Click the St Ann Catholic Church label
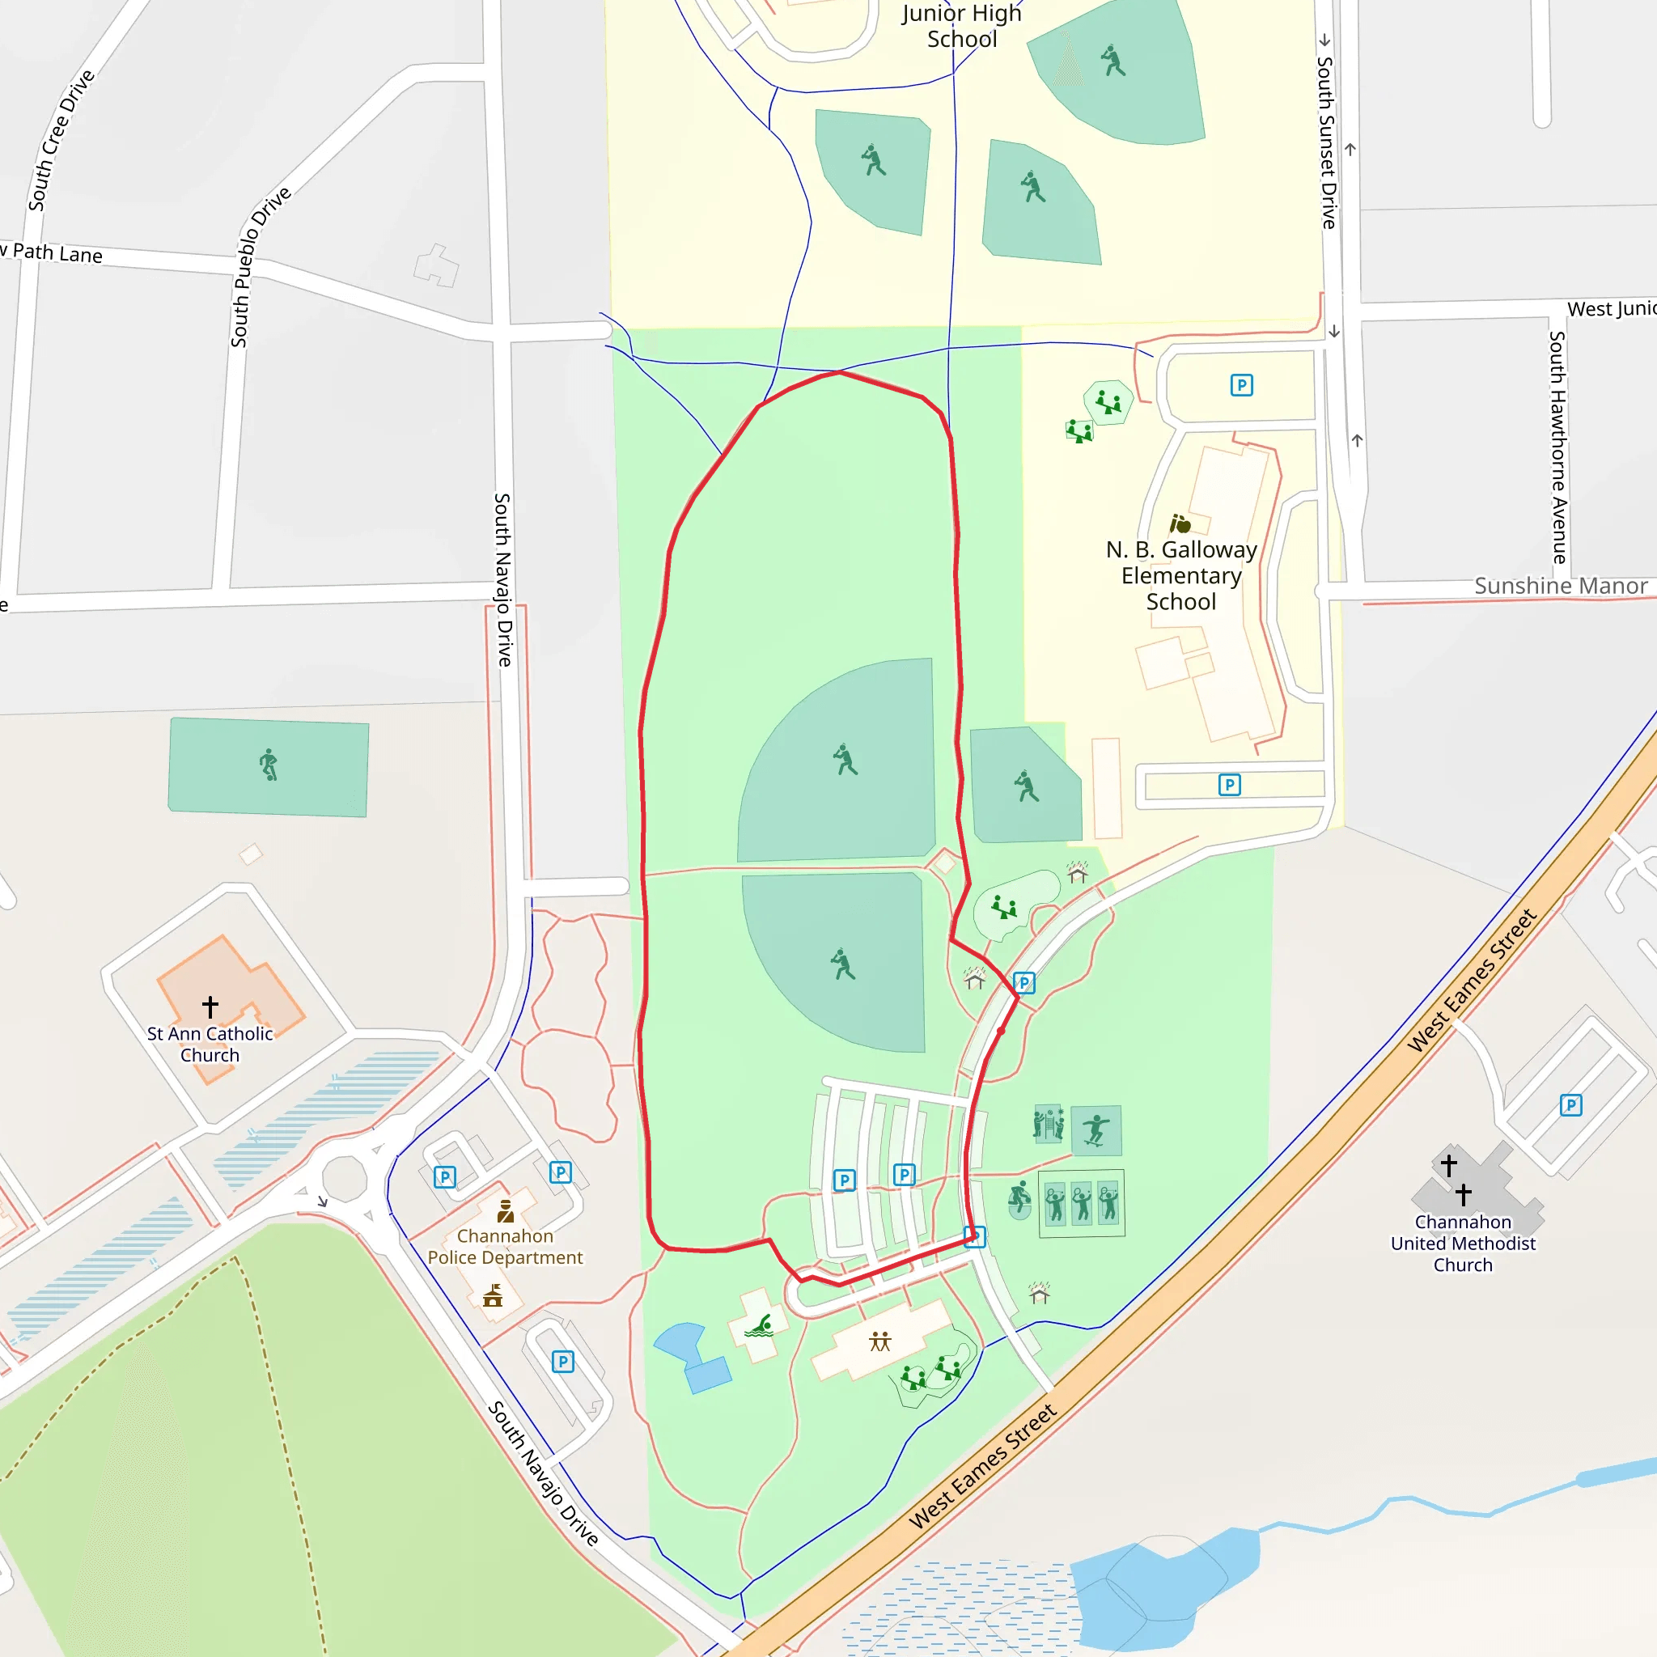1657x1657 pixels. coord(210,1044)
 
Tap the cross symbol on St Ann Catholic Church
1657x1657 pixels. coord(210,1005)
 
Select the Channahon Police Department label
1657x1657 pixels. coord(504,1246)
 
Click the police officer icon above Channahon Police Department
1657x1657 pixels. coord(505,1211)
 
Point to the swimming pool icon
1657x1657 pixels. coord(758,1327)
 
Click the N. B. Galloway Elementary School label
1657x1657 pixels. coord(1181,575)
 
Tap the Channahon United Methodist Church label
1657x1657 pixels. coord(1462,1243)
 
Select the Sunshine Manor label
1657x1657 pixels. coord(1560,586)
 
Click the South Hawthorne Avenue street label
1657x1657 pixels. coord(1557,447)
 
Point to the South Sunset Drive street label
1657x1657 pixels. coord(1327,142)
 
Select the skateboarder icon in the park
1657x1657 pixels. coord(1095,1129)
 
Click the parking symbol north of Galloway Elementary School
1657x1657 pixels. coord(1241,385)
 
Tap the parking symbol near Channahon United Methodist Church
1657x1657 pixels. coord(1570,1104)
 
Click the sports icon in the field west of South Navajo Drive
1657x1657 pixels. coord(269,764)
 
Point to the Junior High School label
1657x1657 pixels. coord(961,26)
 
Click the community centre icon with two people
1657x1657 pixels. coord(880,1341)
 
